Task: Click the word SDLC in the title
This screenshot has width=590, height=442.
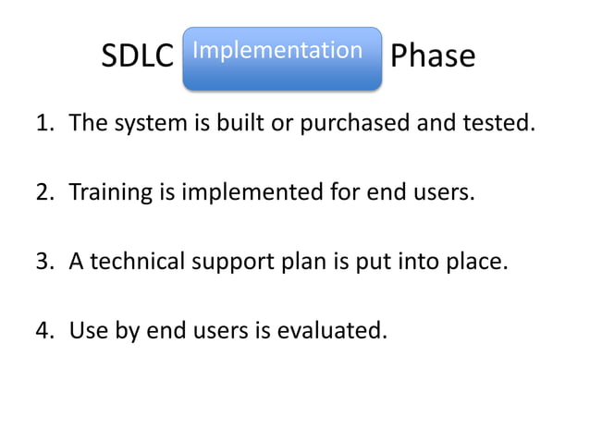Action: pos(137,57)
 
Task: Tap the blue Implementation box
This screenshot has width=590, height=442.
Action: pos(282,58)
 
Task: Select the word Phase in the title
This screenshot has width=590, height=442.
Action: pos(433,57)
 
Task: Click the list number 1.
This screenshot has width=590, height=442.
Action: pos(44,123)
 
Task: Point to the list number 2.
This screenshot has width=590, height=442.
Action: pos(44,192)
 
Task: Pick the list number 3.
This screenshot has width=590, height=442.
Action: pos(44,262)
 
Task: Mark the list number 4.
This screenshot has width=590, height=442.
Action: pos(44,330)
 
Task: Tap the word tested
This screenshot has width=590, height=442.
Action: pos(500,123)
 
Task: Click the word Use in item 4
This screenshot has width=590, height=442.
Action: pos(89,330)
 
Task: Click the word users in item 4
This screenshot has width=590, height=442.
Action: pos(213,331)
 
